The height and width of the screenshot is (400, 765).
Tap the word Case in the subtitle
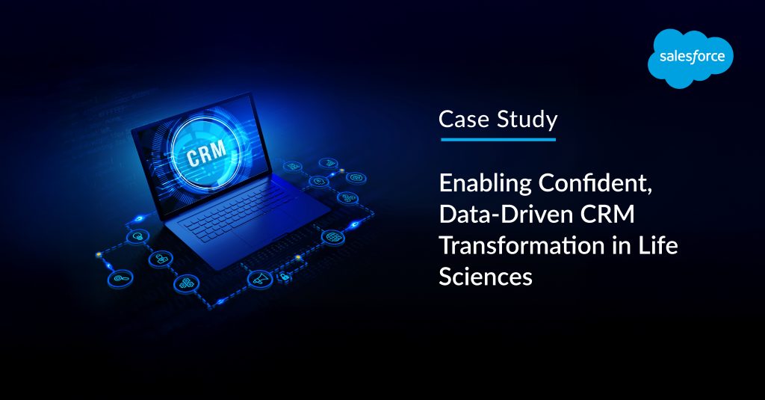coord(459,119)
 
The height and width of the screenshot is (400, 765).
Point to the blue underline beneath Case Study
coord(498,139)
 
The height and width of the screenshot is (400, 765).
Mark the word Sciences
coord(486,277)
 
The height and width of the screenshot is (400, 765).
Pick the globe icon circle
coord(332,237)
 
